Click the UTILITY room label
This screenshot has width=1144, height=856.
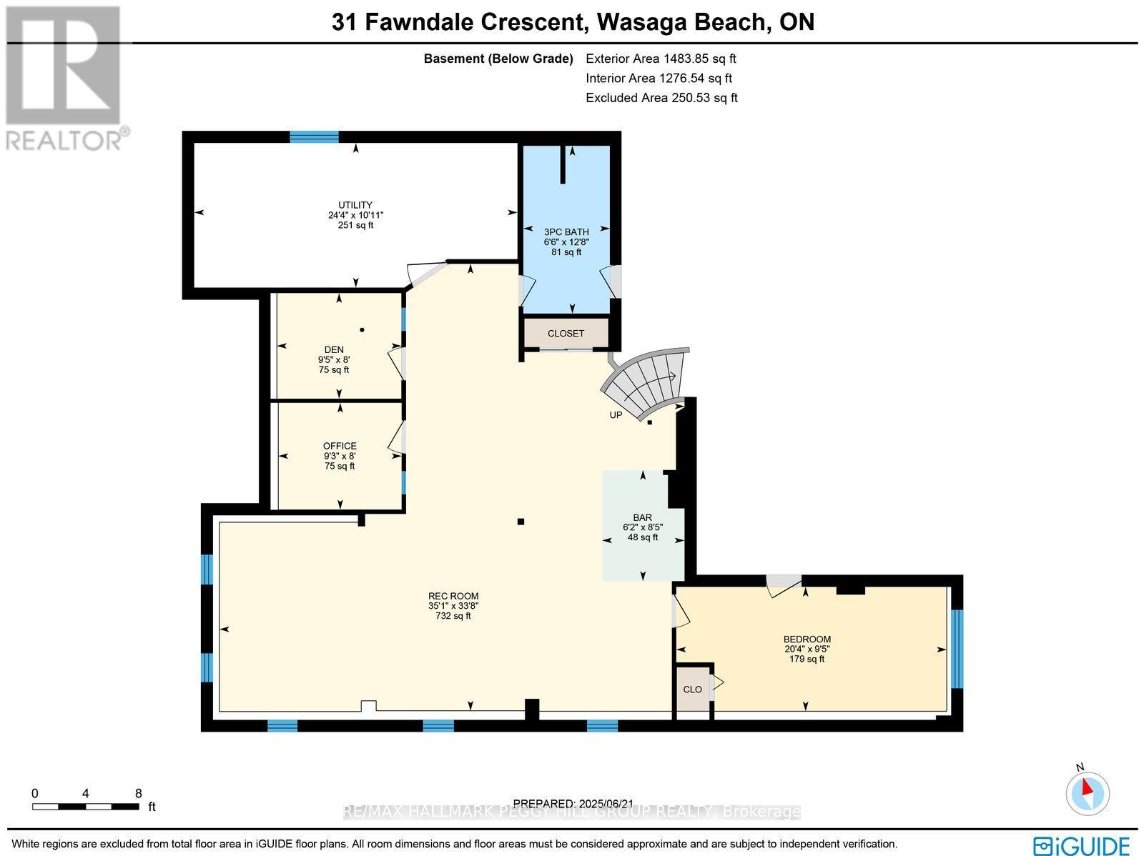(x=355, y=206)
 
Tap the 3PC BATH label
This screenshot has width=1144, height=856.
(x=566, y=232)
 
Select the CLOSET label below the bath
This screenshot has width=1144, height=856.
(x=566, y=334)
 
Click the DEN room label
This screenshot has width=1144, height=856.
(x=334, y=350)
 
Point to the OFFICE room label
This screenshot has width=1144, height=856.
(x=339, y=447)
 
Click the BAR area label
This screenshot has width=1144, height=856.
(x=642, y=518)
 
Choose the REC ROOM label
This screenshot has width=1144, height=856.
(x=453, y=596)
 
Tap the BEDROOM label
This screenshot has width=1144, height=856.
(x=807, y=639)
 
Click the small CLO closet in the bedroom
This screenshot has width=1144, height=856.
(x=692, y=690)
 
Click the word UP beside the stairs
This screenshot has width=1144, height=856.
(x=616, y=415)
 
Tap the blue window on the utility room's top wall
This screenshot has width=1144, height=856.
(x=314, y=137)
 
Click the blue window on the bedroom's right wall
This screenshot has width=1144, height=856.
(x=957, y=649)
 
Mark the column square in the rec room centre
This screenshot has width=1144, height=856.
(x=521, y=522)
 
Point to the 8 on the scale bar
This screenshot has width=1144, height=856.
(x=139, y=793)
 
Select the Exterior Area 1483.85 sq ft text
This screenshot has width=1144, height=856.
(x=661, y=59)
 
